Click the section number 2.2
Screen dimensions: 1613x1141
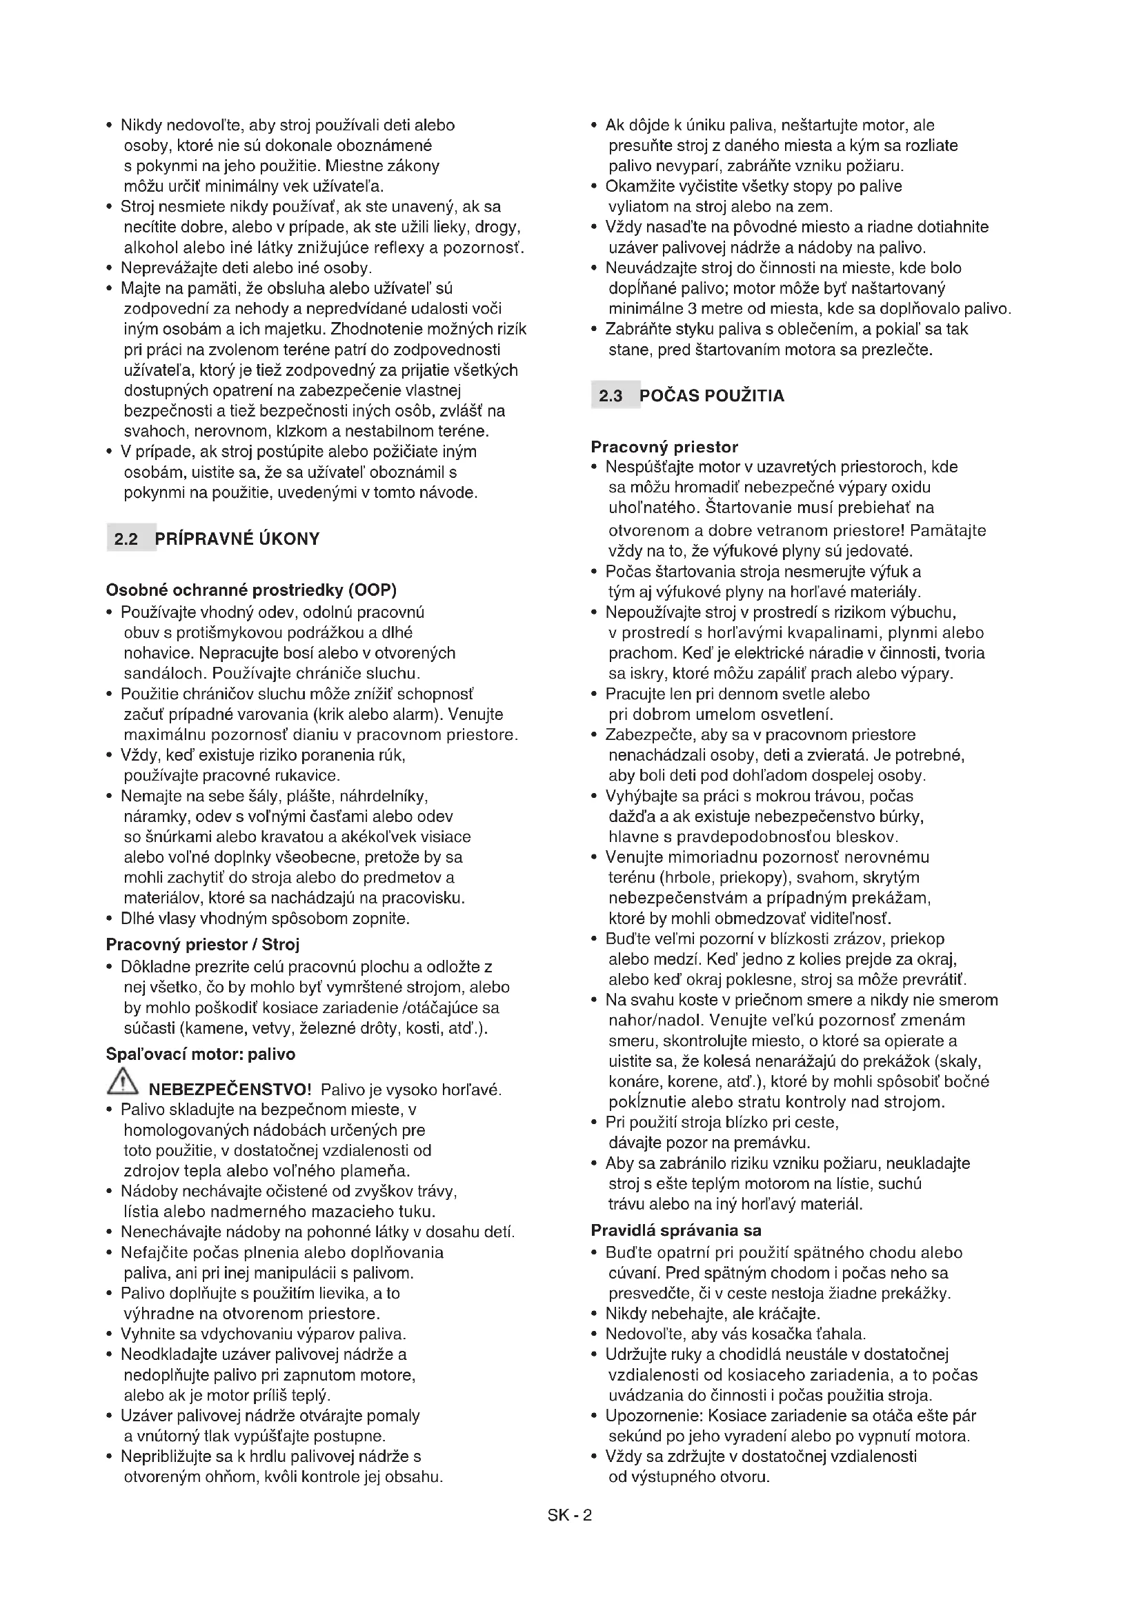[x=126, y=539]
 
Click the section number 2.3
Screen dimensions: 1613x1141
[x=611, y=396]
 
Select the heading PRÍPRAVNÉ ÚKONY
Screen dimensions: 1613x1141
[x=237, y=539]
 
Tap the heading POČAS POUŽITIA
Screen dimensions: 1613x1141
[x=711, y=396]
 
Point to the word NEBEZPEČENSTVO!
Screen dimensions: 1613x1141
[x=230, y=1090]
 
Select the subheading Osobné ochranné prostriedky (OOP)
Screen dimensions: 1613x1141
[x=251, y=590]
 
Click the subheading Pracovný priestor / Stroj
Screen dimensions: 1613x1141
[x=202, y=944]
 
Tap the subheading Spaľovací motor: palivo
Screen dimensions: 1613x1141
[x=200, y=1054]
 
